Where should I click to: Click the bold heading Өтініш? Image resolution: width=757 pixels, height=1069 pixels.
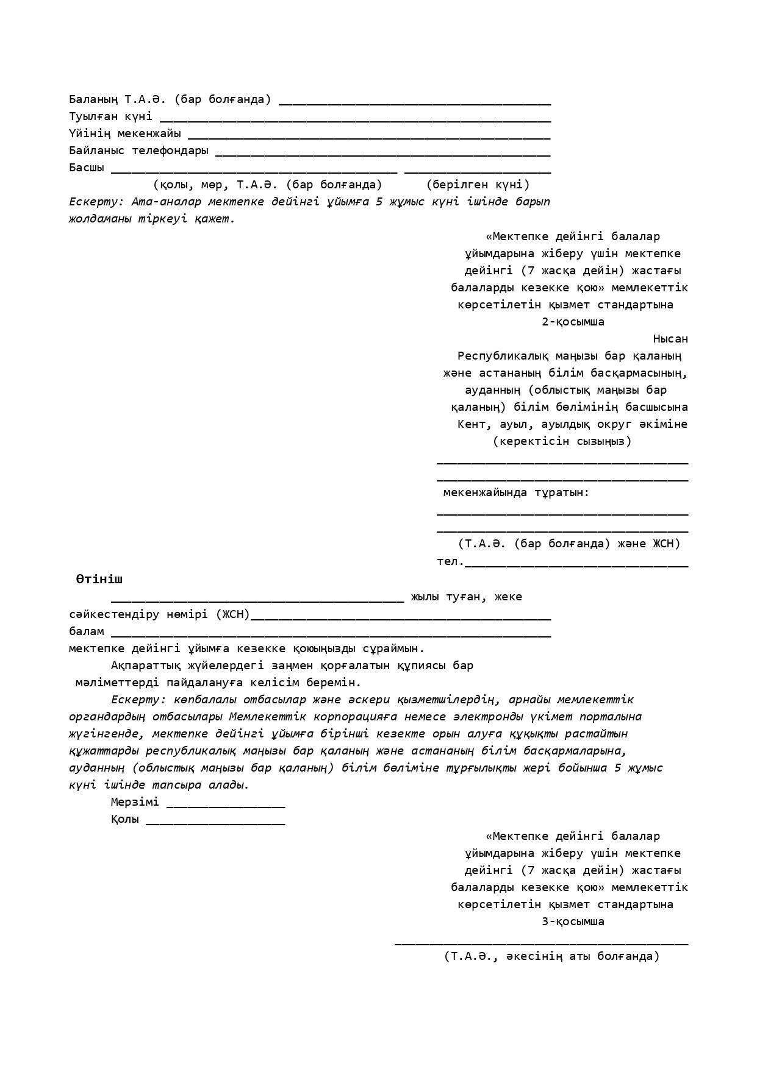[99, 580]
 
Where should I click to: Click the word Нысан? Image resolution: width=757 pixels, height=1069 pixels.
[670, 339]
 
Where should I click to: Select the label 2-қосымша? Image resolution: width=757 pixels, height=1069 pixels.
[573, 322]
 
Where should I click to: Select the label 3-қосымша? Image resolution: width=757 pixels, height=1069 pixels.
[573, 922]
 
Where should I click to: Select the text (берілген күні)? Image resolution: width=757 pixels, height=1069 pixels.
[478, 185]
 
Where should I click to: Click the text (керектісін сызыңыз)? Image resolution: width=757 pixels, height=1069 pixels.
[562, 441]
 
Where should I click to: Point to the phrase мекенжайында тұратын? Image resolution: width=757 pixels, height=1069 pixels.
[516, 492]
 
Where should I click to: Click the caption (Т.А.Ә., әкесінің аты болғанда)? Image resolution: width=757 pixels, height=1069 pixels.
[551, 956]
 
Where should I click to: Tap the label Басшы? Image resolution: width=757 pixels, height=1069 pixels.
[87, 168]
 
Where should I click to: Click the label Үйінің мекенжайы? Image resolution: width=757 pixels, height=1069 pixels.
[125, 133]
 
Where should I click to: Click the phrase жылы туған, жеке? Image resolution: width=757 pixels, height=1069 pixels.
[466, 597]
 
